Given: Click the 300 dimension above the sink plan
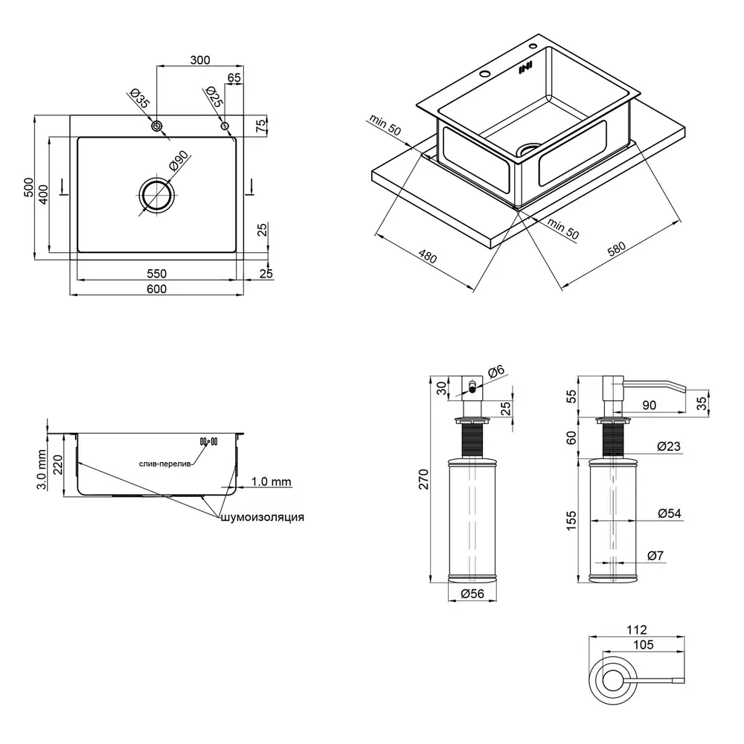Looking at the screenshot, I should (x=200, y=60).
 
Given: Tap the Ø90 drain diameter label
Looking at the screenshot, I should (x=180, y=162).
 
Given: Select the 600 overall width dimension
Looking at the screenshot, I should (x=156, y=289).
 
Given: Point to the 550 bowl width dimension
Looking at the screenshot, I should (x=156, y=273).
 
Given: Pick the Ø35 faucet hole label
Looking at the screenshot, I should (x=139, y=100).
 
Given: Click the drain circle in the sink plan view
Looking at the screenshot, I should (x=156, y=196).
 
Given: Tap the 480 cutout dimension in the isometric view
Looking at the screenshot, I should (x=426, y=258).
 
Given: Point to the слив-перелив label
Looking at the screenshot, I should (x=166, y=464).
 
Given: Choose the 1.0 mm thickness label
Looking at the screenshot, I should (x=271, y=482).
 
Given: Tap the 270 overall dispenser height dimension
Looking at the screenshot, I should (x=423, y=480).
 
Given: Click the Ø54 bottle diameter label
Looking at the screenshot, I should (x=670, y=513).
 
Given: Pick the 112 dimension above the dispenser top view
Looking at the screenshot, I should (x=638, y=629).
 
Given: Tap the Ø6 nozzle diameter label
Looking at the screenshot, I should (x=497, y=371).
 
